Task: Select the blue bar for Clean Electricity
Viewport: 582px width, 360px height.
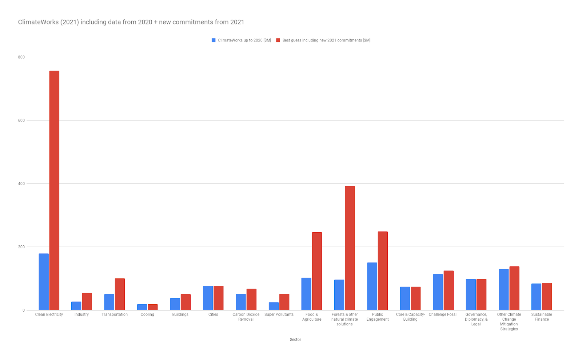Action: click(x=44, y=282)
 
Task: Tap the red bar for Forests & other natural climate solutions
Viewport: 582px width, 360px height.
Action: click(x=350, y=248)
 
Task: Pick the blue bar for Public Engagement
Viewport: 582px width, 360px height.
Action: click(x=372, y=286)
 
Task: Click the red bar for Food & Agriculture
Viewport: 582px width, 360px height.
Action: click(x=317, y=271)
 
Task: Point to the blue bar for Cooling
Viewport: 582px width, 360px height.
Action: click(x=142, y=307)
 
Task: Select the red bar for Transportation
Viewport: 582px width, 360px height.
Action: click(x=120, y=294)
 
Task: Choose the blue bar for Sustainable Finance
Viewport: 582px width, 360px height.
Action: click(x=536, y=297)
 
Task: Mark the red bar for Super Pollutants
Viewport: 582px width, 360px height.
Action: click(x=284, y=302)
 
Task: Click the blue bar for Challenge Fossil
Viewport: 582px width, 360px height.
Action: click(x=438, y=292)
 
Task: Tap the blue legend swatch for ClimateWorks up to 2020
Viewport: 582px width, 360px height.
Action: click(x=214, y=40)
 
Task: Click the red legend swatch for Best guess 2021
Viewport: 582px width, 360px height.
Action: click(x=278, y=40)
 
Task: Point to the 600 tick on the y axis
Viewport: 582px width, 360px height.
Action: click(x=21, y=120)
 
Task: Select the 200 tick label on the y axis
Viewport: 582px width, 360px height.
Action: click(x=21, y=247)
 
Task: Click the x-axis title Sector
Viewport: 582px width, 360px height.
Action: click(x=295, y=340)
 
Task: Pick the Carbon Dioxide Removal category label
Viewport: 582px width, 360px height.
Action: click(x=246, y=317)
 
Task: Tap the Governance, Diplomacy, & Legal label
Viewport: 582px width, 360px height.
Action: click(x=476, y=319)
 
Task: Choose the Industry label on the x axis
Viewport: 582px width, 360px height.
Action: click(x=81, y=314)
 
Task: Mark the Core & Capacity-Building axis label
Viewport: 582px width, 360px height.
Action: click(x=410, y=317)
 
